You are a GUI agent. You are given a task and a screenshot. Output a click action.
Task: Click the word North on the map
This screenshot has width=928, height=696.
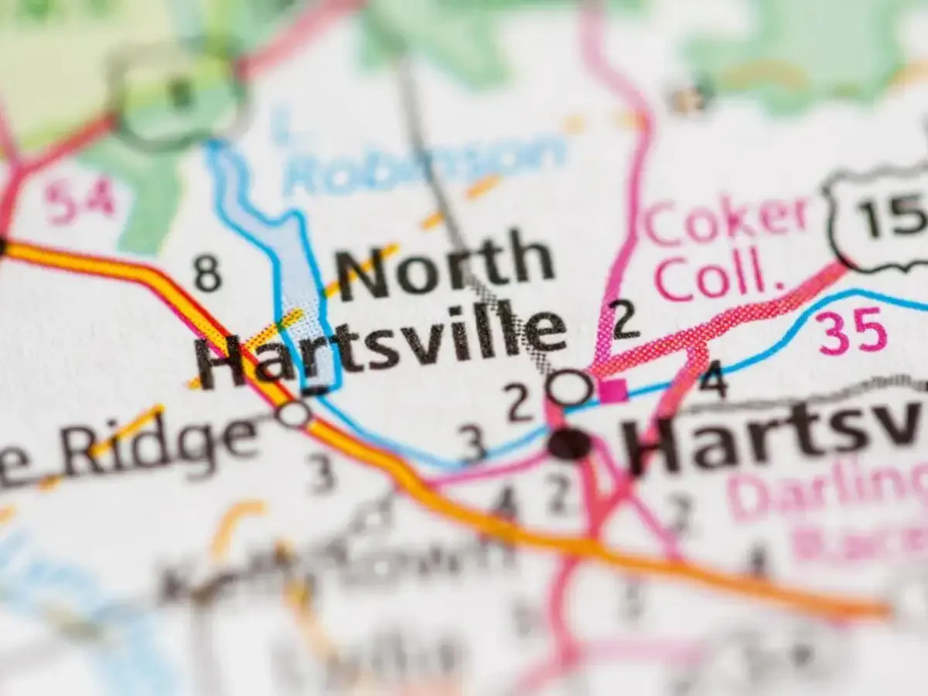(445, 268)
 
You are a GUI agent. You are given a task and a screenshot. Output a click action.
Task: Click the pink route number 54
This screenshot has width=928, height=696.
(79, 200)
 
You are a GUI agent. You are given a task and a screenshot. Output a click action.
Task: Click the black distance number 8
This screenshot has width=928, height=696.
(207, 273)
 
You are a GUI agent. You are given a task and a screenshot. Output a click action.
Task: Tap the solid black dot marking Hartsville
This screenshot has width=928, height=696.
(570, 445)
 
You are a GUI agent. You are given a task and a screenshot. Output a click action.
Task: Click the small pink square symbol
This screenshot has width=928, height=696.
(614, 390)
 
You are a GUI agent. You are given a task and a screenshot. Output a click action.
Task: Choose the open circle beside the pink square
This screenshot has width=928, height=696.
(571, 387)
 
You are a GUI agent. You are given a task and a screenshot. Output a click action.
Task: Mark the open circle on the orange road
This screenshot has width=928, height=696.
(294, 415)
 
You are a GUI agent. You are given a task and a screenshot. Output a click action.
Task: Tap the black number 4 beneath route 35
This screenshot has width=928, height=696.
(712, 380)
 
